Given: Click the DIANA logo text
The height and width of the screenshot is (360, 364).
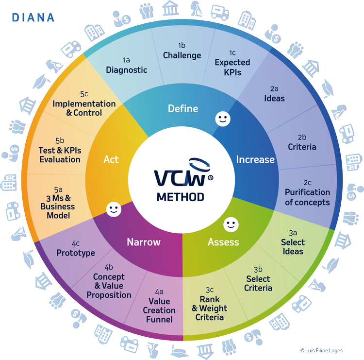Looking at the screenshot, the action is point(33,17).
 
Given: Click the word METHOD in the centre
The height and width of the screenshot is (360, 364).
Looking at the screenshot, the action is point(181,197).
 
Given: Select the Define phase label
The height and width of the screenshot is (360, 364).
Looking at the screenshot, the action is point(183,108).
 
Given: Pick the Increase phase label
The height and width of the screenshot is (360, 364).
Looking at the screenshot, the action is point(255,159).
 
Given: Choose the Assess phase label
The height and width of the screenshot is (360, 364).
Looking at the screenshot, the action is point(223,242).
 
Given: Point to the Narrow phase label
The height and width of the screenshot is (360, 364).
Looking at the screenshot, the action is point(144,242).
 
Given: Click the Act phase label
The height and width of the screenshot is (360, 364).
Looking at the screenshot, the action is point(111,159).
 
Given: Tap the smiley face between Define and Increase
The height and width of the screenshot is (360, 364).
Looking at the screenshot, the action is point(223,119).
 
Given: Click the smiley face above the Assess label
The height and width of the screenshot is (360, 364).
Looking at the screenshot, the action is point(231,224).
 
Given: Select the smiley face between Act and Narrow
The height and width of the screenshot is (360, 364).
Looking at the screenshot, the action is point(114,209).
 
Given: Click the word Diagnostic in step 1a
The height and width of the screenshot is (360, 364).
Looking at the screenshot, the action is point(127,70).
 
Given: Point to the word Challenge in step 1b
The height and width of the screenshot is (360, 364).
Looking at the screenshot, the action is point(182,55).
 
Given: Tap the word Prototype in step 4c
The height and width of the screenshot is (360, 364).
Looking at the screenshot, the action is point(76,253).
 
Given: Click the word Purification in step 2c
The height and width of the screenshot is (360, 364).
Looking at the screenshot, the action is point(307,192).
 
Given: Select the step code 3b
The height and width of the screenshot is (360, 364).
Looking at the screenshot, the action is point(258,269).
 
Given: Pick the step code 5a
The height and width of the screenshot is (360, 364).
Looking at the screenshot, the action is point(58,189).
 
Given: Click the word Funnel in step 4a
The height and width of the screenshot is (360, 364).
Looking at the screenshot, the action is point(159,319).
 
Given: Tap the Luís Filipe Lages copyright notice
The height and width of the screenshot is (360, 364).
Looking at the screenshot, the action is point(321,350).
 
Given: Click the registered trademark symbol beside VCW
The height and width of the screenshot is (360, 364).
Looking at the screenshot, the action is point(210,178).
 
